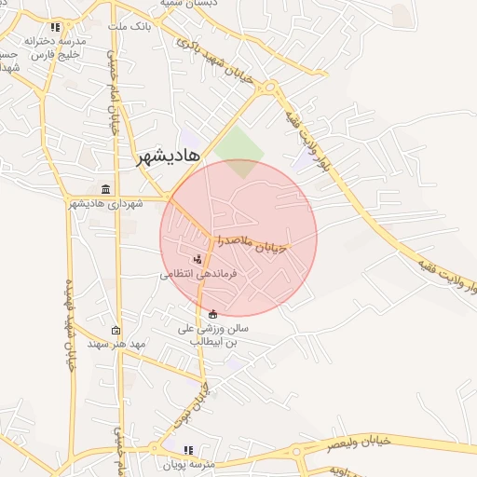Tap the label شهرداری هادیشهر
pyautogui.click(x=104, y=203)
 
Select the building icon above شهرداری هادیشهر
pyautogui.click(x=104, y=189)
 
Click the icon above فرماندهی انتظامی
pyautogui.click(x=197, y=259)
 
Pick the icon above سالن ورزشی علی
pyautogui.click(x=214, y=314)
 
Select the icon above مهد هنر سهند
pyautogui.click(x=116, y=330)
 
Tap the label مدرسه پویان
pyautogui.click(x=189, y=463)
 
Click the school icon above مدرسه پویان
pyautogui.click(x=189, y=450)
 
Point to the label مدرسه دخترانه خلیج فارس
pyautogui.click(x=55, y=48)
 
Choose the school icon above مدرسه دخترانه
pyautogui.click(x=56, y=28)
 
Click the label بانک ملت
pyautogui.click(x=129, y=27)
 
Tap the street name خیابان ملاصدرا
pyautogui.click(x=253, y=243)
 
